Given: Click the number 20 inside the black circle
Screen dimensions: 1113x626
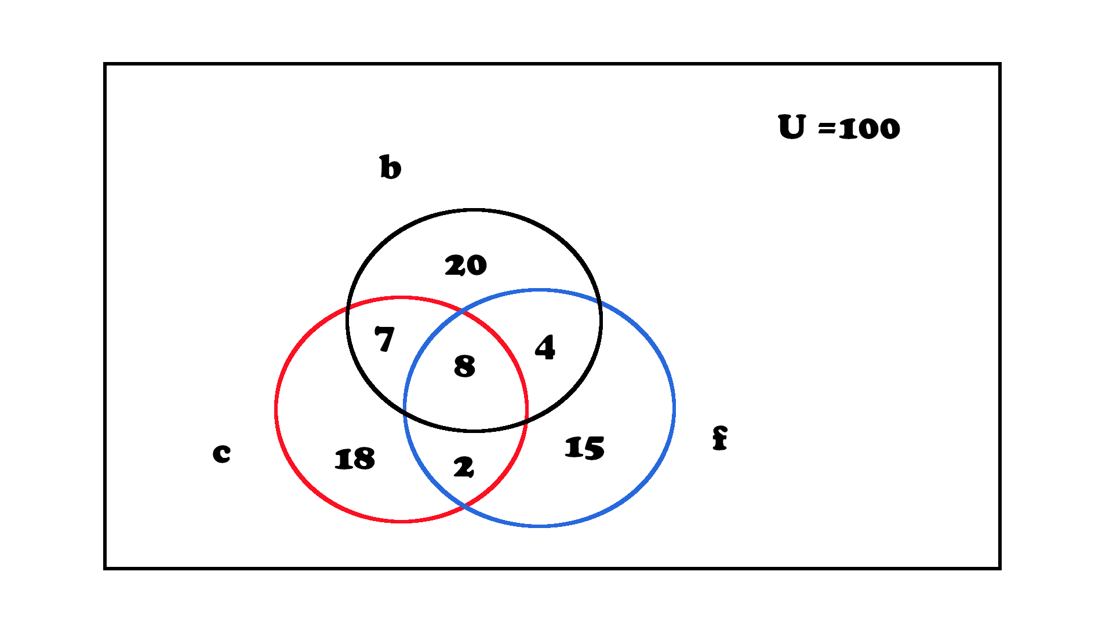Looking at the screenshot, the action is tap(465, 265).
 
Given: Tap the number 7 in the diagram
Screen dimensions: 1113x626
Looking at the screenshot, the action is tap(384, 339).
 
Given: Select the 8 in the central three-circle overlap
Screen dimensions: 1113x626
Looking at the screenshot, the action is tap(464, 366).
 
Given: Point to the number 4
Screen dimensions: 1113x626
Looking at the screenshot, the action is tap(545, 348).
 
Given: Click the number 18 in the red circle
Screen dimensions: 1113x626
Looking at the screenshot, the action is tap(355, 459).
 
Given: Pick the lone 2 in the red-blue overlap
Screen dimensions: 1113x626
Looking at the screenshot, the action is tap(464, 467).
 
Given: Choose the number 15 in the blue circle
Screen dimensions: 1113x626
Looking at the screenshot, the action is tap(584, 448).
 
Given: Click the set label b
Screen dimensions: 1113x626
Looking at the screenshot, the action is tap(390, 167).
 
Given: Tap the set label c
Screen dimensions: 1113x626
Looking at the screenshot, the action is tap(221, 453).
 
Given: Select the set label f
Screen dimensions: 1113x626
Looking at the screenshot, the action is tap(720, 438).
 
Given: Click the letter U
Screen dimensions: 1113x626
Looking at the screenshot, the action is tap(792, 126).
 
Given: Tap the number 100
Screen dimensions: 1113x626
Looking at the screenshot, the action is tap(870, 128).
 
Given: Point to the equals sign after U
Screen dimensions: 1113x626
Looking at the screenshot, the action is tap(827, 129).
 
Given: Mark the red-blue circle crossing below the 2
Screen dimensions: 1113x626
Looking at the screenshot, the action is tap(464, 508).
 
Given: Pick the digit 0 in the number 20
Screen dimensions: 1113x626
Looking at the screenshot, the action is tap(476, 265).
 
